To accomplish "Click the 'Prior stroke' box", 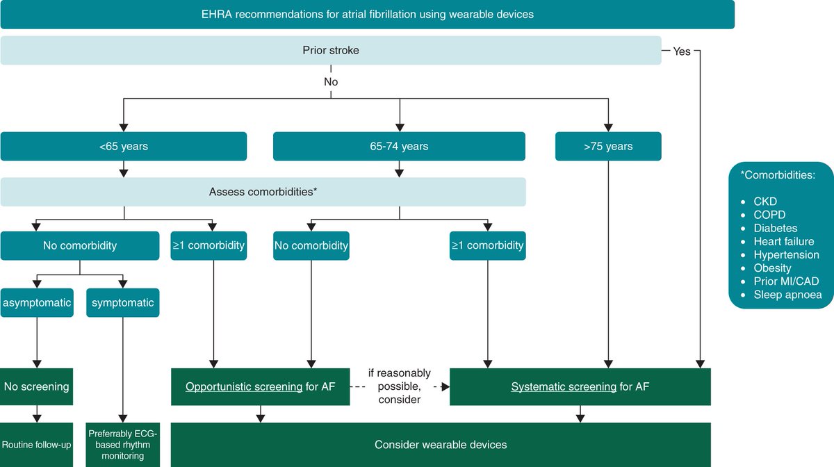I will [331, 51].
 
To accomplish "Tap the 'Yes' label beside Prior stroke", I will [682, 51].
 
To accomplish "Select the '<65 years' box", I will [124, 146].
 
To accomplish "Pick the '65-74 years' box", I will [400, 146].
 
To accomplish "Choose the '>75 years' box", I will [608, 146].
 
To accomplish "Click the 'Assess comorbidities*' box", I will [263, 191].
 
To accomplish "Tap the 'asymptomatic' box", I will [37, 303].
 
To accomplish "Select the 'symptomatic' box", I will [122, 303].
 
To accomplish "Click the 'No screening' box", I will [37, 386].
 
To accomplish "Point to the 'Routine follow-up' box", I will [37, 445].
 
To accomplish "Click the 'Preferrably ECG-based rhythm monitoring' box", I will [122, 445].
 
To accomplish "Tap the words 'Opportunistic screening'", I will [243, 386].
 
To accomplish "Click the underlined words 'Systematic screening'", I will [564, 386].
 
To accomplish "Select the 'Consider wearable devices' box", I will [441, 445].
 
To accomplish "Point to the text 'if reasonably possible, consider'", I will [400, 386].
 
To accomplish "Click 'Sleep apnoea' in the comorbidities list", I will [787, 295].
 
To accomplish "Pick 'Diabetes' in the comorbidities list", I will [775, 228].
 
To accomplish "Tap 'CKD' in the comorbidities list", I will [765, 202].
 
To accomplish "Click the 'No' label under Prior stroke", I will [331, 81].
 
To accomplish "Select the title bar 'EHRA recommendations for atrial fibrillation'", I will [367, 14].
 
